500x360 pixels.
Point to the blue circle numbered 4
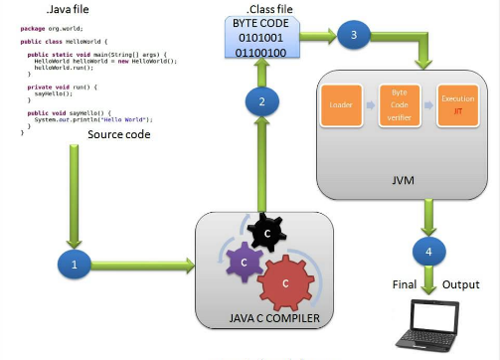click(x=429, y=252)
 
